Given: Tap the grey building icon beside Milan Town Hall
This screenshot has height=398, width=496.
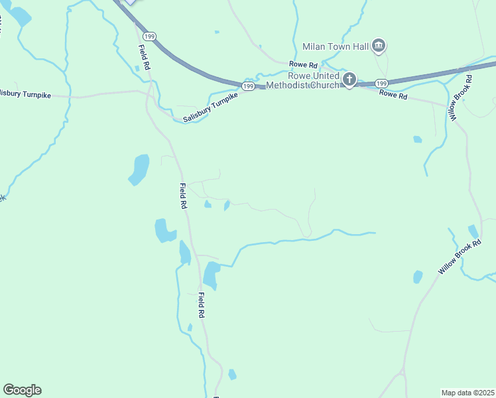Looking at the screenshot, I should point(379,46).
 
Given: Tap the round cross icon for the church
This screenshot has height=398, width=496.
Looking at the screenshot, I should point(349,80).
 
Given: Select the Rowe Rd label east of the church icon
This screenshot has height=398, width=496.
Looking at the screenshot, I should point(393,94).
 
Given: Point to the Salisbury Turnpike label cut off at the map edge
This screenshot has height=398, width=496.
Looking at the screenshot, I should point(25,94).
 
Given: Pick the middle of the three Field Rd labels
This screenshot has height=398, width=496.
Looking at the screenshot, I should point(183,196).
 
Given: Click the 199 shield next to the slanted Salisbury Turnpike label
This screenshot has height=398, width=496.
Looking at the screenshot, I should point(249,87).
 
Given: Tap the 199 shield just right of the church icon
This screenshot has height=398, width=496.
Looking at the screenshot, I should point(381,84).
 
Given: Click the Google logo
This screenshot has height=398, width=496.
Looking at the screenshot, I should point(22,390).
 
